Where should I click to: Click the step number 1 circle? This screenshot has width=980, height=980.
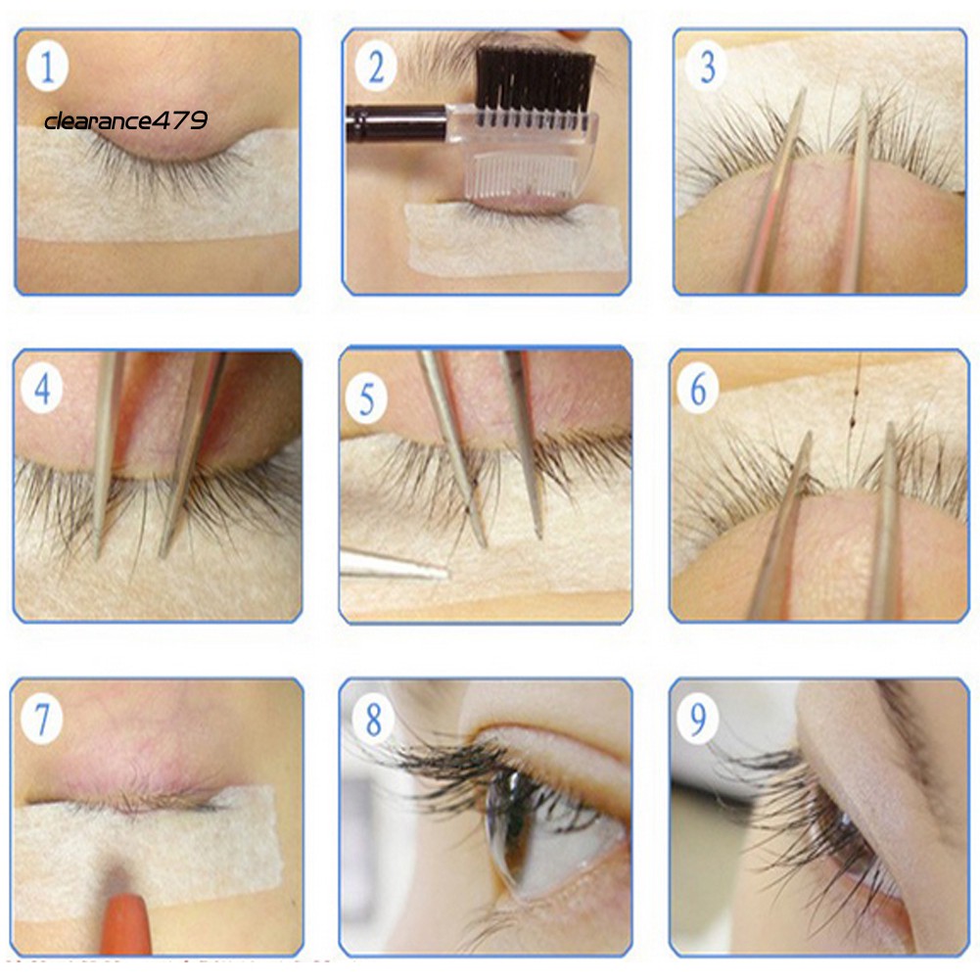pos(48,68)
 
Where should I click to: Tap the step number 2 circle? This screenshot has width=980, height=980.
pos(376,67)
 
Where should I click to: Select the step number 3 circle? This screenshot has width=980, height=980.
pos(707,67)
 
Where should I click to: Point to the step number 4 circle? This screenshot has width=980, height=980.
pos(42,389)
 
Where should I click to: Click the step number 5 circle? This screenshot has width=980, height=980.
pos(367,398)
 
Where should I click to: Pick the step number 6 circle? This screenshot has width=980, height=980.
pos(698,389)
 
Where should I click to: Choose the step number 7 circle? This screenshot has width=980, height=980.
pos(42,719)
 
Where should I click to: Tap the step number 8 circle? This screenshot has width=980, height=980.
pos(373,719)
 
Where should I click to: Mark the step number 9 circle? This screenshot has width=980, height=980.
pos(698,719)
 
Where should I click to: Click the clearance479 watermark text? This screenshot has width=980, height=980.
pos(125,120)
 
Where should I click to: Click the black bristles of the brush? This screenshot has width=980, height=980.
pos(535,80)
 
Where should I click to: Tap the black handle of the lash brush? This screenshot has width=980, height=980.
pos(397,123)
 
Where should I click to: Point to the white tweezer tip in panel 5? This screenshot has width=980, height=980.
pos(394,565)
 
